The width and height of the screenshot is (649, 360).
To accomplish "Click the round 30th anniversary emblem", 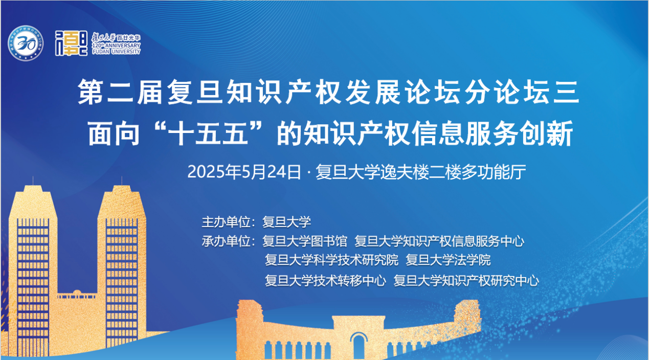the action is point(26,43).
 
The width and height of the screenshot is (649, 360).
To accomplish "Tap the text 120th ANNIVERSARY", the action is point(116,46).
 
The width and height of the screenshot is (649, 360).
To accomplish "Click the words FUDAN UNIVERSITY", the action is point(116,52).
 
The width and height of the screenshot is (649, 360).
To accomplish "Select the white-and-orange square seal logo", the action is point(71,43).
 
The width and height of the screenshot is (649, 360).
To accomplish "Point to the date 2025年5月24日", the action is point(244,172).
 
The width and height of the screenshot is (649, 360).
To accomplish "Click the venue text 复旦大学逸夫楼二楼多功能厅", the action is point(421,172).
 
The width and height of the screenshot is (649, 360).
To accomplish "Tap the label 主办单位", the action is point(226,222).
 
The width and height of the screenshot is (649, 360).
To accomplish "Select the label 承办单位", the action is point(226,241).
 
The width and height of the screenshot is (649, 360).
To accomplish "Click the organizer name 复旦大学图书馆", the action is point(304,241).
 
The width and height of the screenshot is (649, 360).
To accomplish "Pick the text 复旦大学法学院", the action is point(448,260).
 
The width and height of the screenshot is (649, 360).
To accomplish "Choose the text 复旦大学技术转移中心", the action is point(325,280).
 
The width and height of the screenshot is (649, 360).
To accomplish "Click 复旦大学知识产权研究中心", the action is point(466,280).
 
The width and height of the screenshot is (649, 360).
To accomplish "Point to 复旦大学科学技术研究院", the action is point(331,260).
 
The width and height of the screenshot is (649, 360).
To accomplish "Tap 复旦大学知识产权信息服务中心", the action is point(439,241).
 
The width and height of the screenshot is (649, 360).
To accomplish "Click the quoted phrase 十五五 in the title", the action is point(208,133).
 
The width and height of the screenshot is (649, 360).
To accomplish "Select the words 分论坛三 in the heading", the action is point(522,92).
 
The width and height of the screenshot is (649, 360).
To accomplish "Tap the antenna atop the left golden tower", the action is point(33,181).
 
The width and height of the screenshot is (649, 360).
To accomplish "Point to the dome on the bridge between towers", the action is point(77,292).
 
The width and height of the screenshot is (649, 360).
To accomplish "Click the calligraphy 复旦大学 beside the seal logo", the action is point(104,37).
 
